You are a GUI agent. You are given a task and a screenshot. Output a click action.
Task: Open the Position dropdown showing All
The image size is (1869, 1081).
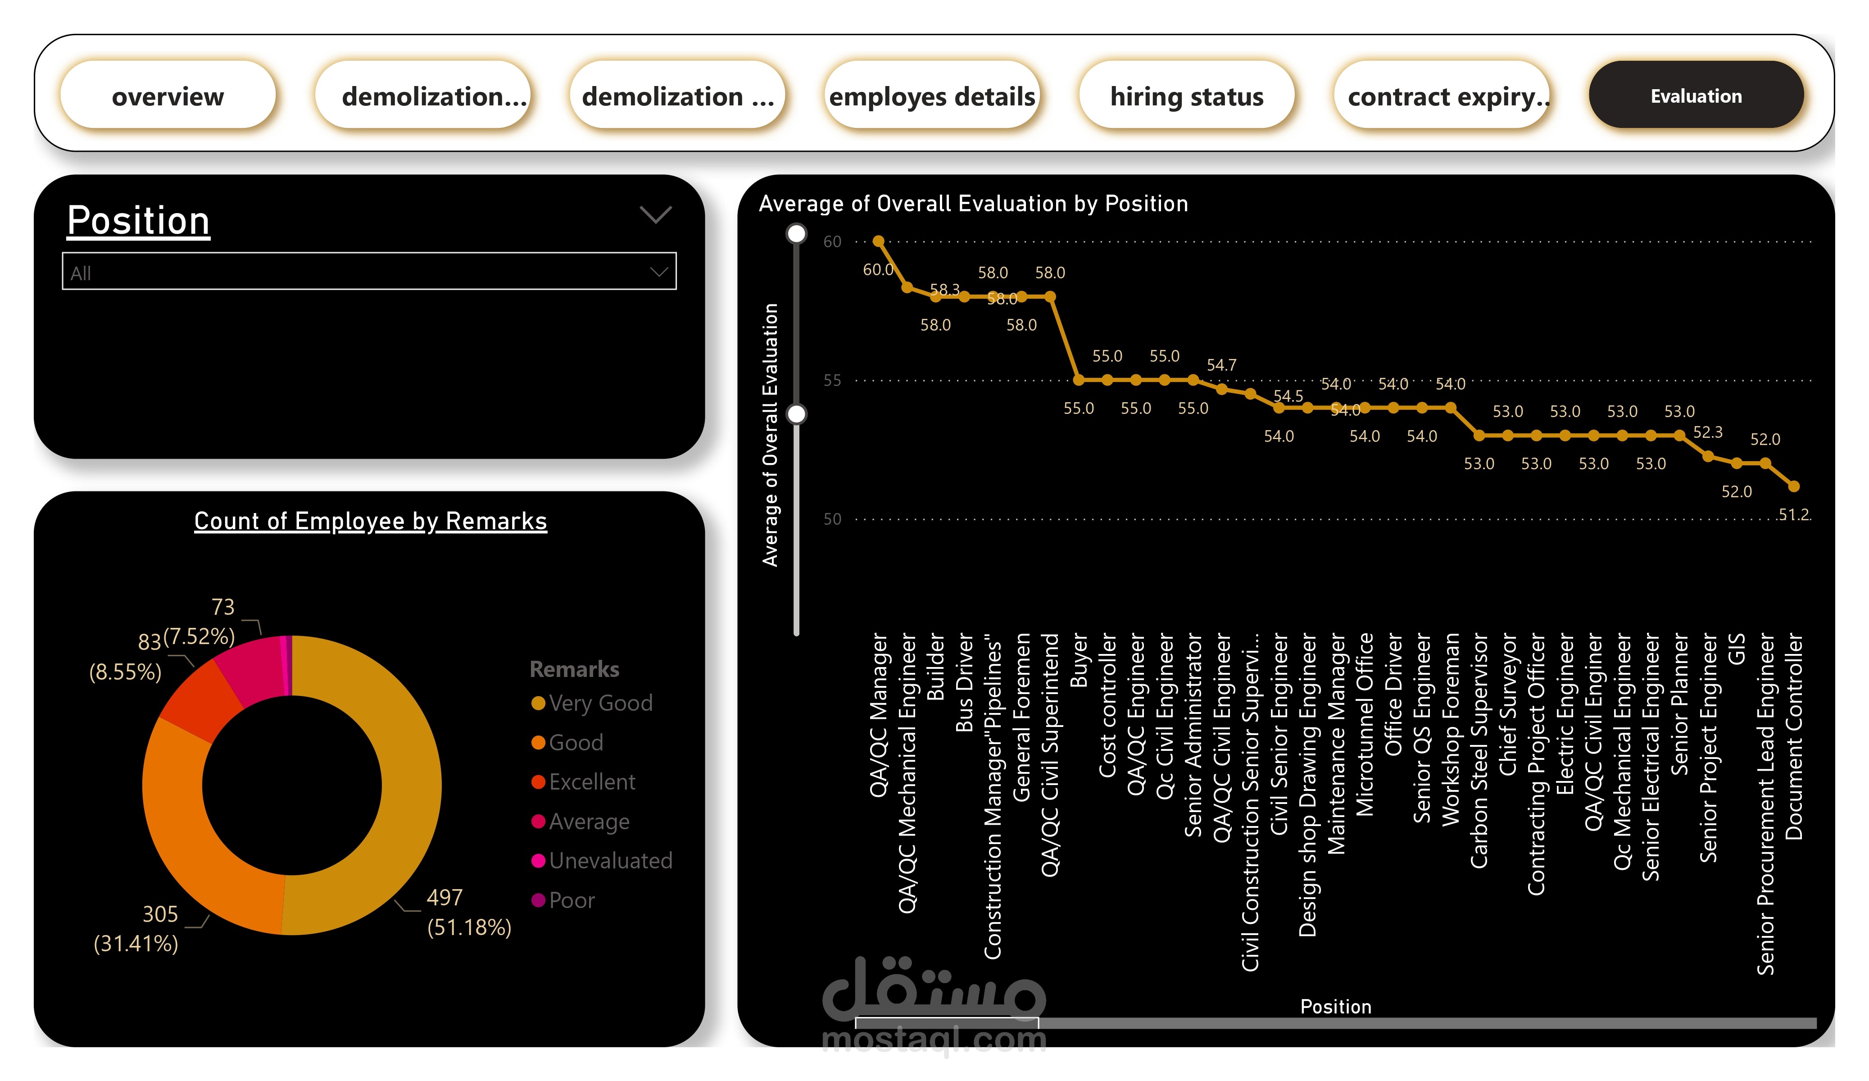368,273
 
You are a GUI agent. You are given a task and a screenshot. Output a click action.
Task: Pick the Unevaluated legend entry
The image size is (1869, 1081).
610,861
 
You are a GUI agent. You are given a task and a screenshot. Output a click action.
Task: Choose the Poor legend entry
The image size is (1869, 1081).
571,900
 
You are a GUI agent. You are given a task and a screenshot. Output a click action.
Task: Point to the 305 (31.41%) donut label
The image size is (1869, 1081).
137,928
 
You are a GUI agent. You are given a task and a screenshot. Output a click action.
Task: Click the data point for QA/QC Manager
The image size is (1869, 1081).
878,241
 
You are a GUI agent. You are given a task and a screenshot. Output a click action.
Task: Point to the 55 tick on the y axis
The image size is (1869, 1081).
832,381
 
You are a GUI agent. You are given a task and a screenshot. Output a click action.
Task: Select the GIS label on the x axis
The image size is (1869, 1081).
1736,649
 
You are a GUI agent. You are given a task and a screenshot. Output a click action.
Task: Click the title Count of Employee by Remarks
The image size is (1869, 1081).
370,521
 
